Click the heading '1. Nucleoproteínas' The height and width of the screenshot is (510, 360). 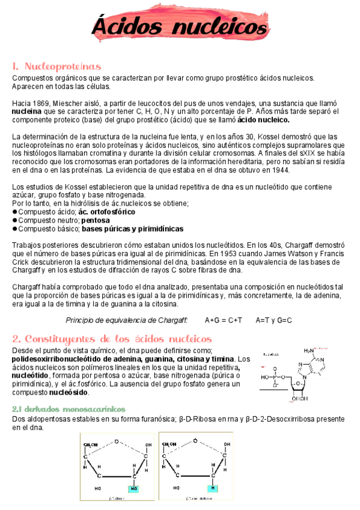(56, 66)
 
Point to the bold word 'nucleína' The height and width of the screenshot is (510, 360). (26, 111)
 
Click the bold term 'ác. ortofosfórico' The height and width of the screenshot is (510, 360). (107, 212)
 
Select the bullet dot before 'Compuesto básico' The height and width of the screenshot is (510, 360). (15, 229)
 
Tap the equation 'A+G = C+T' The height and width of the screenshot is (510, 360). (223, 321)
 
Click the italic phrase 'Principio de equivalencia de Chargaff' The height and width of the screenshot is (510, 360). (126, 321)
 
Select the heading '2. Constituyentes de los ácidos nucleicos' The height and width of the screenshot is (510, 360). (112, 338)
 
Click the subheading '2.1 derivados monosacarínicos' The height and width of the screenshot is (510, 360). (69, 409)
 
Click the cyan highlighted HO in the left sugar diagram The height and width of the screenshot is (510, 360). (133, 488)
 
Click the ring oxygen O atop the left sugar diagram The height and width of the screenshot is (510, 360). (117, 440)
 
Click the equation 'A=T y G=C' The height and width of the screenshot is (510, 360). (273, 321)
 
